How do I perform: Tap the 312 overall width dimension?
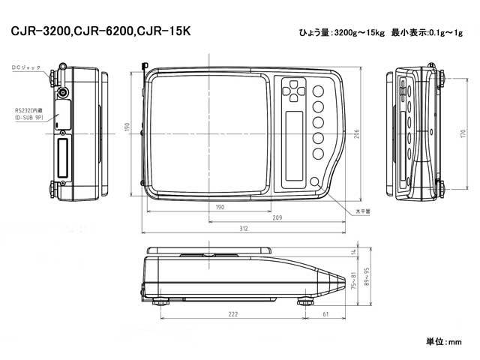[244, 228]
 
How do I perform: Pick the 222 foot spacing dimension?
[233, 316]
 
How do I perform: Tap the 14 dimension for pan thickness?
[352, 250]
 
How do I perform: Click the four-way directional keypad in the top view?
[294, 92]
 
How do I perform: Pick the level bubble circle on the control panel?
[312, 184]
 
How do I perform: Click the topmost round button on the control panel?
[318, 88]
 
